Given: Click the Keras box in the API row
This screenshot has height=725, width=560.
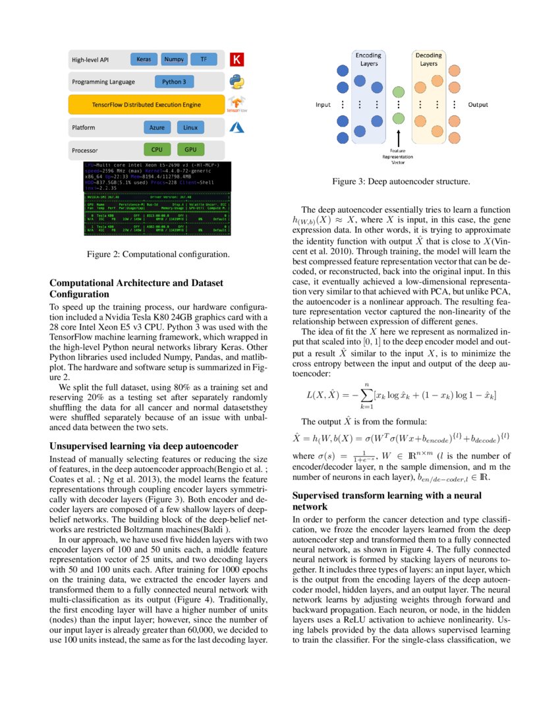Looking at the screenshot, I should [x=144, y=59].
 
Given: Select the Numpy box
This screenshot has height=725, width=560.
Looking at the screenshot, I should [x=174, y=59].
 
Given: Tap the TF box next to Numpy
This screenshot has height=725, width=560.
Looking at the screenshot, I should [x=203, y=59].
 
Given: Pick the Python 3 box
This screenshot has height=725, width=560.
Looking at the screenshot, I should [x=175, y=82].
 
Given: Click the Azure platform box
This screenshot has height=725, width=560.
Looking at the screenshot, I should [x=157, y=127].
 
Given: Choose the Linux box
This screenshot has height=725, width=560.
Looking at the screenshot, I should [x=190, y=127].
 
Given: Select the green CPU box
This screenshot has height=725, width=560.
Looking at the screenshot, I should [x=157, y=150].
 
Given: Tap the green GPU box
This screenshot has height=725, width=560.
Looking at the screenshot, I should [x=190, y=150].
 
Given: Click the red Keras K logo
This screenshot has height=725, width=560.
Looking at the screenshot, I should [x=237, y=60].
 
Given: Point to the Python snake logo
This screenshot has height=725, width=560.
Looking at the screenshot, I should [x=237, y=82].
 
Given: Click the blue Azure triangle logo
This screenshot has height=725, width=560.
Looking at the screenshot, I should [x=237, y=127].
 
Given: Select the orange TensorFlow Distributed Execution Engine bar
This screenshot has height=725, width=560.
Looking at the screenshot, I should [x=146, y=104].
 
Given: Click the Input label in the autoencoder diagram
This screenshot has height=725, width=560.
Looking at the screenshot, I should [x=323, y=105].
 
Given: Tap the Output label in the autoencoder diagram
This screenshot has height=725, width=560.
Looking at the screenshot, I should [x=478, y=105].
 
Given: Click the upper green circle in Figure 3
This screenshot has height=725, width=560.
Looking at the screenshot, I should [x=398, y=92].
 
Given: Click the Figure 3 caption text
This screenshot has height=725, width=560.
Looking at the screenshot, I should [x=401, y=181].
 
